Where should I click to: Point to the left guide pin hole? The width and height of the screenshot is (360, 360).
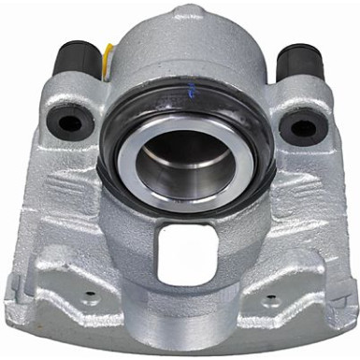tap(69, 122)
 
